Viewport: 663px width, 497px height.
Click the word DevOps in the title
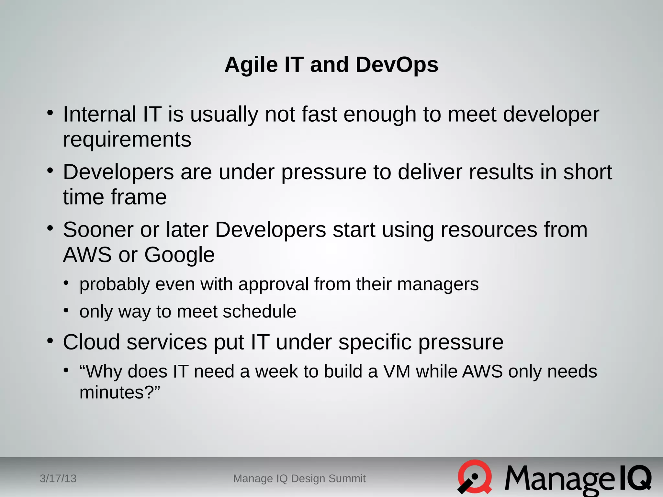tap(397, 65)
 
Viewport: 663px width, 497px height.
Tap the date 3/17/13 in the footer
tap(58, 478)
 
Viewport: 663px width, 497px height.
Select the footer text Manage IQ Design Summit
tap(299, 478)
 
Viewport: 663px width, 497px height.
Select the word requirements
tap(127, 140)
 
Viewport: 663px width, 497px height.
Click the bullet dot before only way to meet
tap(66, 311)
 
